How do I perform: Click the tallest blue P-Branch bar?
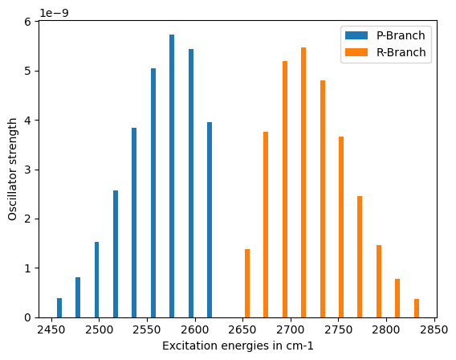172,176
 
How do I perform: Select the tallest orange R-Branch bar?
303,182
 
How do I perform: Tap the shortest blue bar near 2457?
59,308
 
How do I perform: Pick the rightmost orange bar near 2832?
417,309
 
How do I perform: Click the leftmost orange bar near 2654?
247,283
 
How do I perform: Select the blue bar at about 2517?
116,254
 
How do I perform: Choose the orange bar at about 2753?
341,227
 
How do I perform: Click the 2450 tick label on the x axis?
51,329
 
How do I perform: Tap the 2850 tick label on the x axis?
434,329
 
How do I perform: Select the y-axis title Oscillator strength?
13,169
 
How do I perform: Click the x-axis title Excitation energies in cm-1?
238,346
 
